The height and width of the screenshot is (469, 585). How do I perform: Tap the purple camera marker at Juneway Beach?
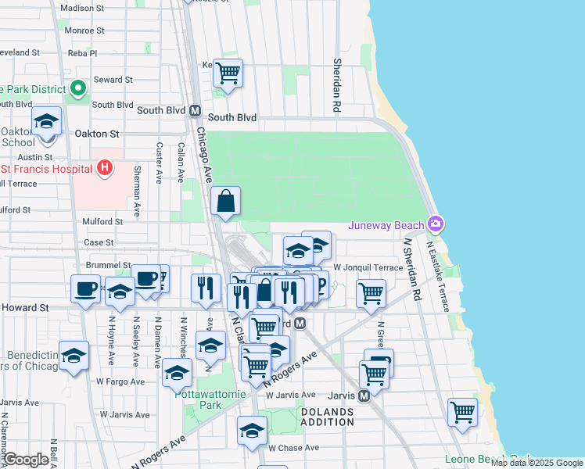(x=436, y=225)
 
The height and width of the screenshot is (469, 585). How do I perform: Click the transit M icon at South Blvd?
(x=195, y=110)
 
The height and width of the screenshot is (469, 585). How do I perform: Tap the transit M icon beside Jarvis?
(x=364, y=396)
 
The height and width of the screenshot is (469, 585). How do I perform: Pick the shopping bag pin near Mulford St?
(x=225, y=202)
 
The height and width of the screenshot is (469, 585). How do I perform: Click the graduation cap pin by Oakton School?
(x=46, y=122)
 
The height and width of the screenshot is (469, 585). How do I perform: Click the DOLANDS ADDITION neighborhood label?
(x=326, y=417)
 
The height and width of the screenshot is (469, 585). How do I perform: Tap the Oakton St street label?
(x=96, y=134)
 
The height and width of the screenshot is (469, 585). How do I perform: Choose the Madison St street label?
(x=82, y=8)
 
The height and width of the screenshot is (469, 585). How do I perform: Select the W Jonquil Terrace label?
(x=367, y=267)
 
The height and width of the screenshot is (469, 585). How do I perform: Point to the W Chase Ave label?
(x=293, y=448)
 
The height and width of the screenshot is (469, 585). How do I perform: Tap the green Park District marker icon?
(x=78, y=90)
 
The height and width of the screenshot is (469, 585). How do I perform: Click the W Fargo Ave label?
(x=120, y=381)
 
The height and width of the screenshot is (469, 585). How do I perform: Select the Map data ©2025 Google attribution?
(x=537, y=463)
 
